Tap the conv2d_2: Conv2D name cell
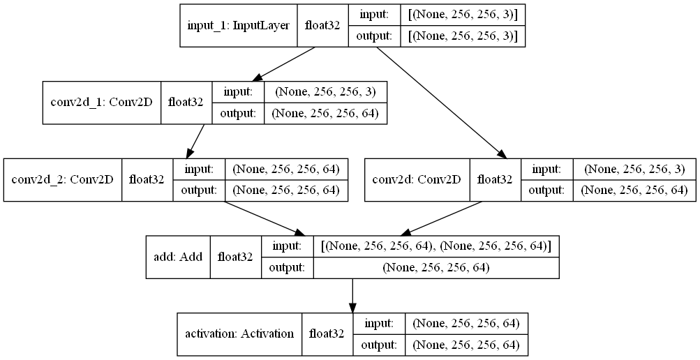click(x=63, y=179)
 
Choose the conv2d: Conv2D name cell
click(x=417, y=179)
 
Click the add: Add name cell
click(x=178, y=256)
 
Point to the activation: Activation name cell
click(x=239, y=333)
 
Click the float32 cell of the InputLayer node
click(x=322, y=26)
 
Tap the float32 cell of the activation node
click(x=327, y=333)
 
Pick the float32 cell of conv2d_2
click(x=147, y=179)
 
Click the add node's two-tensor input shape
click(x=436, y=246)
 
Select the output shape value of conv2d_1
click(x=325, y=113)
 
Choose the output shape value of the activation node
click(x=466, y=344)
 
